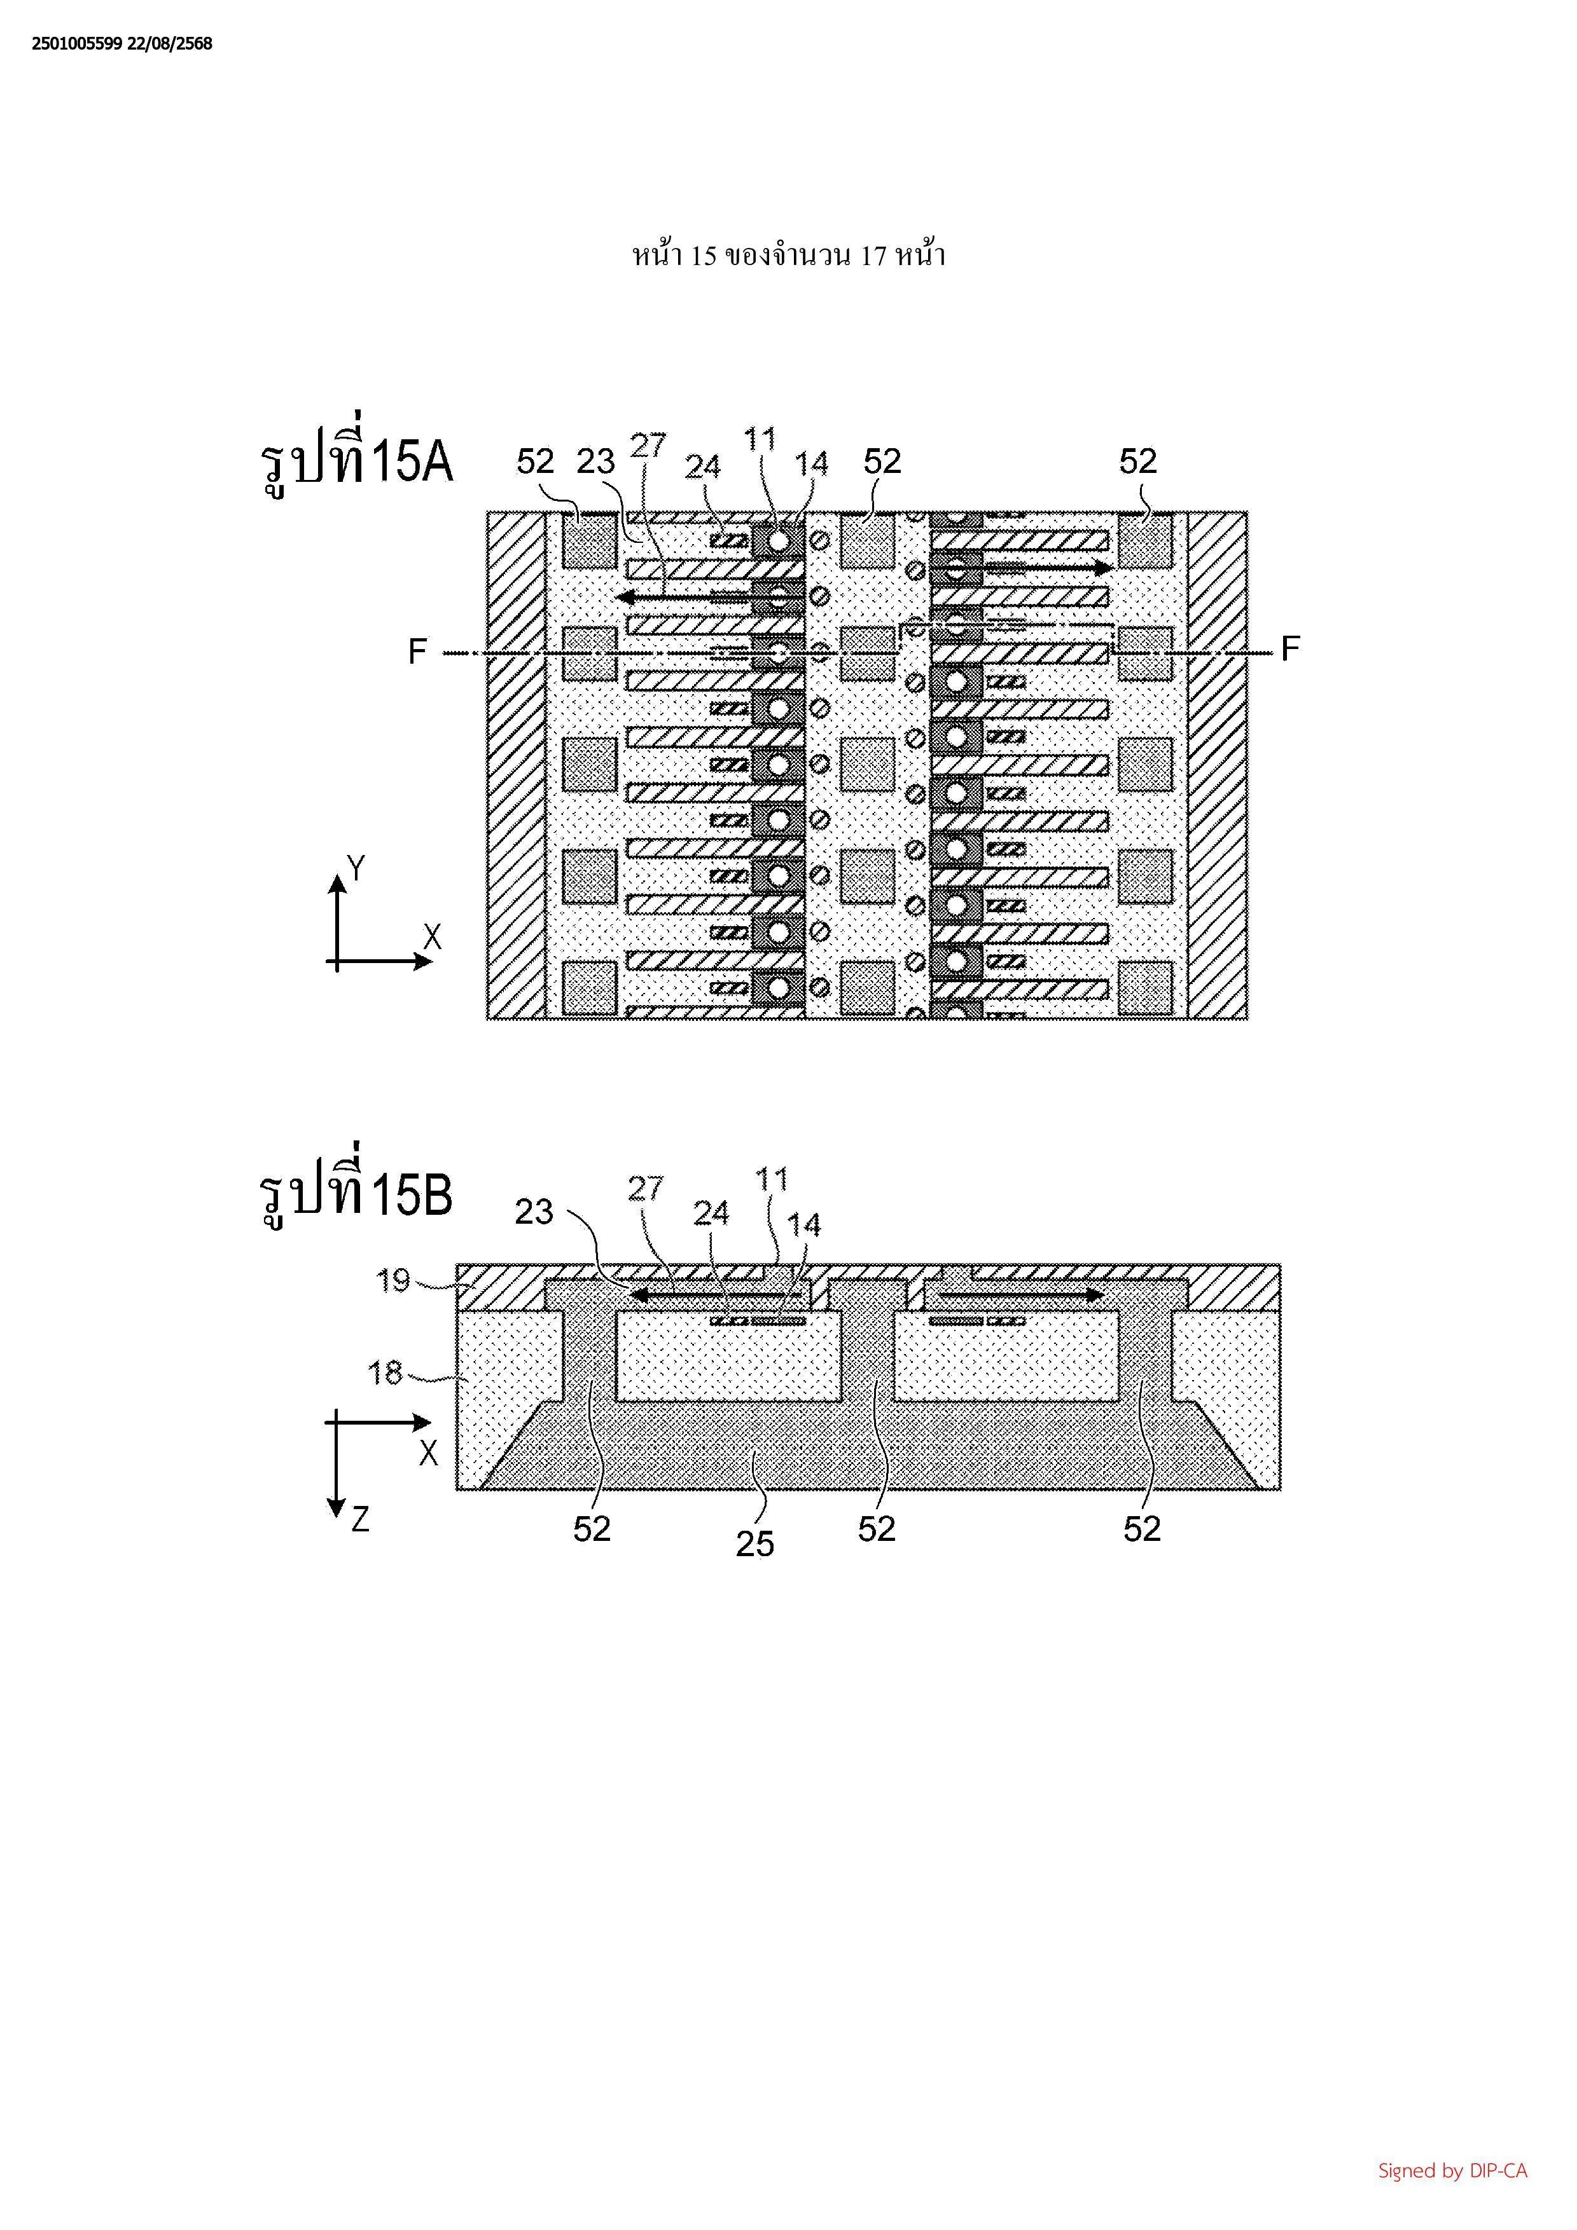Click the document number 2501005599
77,44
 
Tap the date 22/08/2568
170,44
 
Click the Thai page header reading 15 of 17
788,256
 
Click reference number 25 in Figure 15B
754,1543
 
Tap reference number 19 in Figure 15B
394,1280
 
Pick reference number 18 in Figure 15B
386,1372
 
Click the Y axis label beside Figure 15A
357,867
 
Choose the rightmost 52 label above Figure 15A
1138,462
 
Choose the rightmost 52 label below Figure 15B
1142,1529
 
